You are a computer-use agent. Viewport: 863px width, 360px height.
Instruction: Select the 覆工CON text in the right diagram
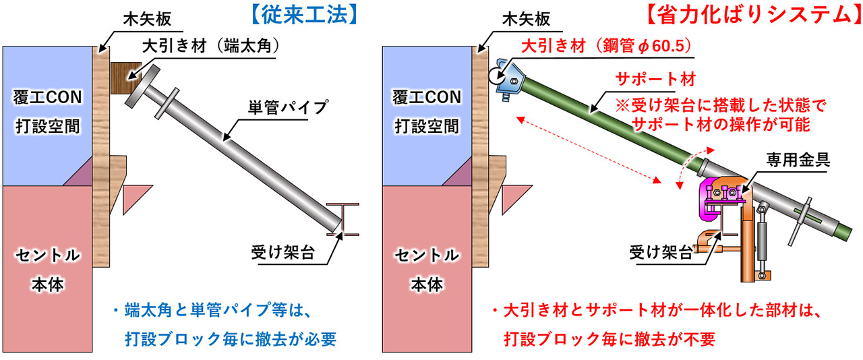[x=427, y=98]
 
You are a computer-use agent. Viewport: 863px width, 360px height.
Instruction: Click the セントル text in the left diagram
[x=47, y=256]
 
